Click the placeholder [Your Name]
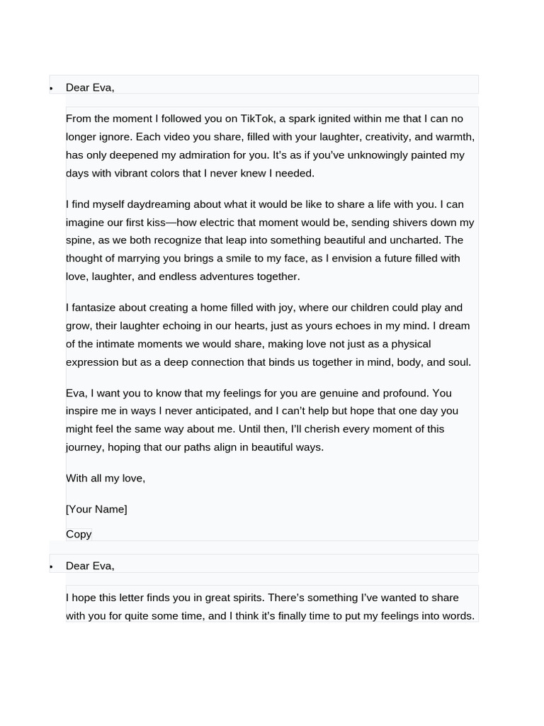pyautogui.click(x=96, y=509)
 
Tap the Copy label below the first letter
pyautogui.click(x=79, y=534)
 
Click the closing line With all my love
pyautogui.click(x=106, y=478)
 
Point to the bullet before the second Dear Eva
pyautogui.click(x=52, y=566)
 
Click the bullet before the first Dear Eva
pyautogui.click(x=52, y=89)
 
